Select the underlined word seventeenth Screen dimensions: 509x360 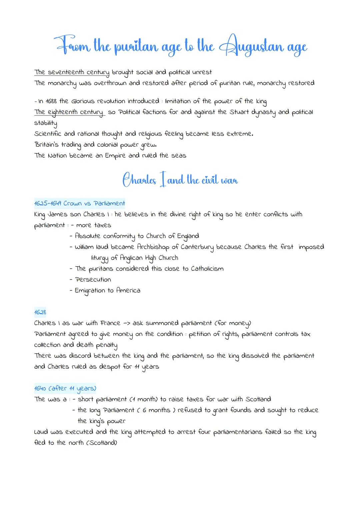tap(66, 72)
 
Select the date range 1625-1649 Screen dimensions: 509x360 tap(47, 203)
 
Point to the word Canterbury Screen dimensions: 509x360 tap(197, 247)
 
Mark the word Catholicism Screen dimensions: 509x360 tap(207, 269)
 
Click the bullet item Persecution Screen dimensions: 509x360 tap(93, 279)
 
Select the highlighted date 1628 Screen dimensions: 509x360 tap(40, 312)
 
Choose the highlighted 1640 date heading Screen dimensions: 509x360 tap(65, 388)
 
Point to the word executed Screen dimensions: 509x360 tap(79, 432)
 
